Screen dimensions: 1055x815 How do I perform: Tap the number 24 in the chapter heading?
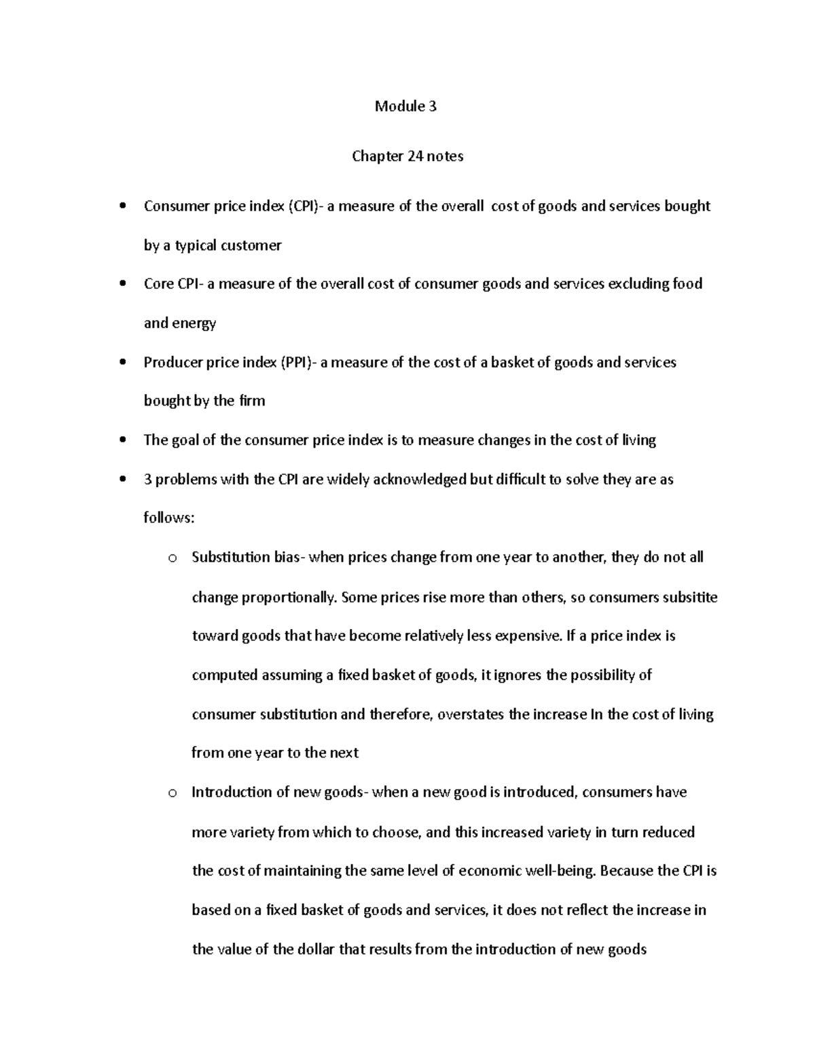pyautogui.click(x=415, y=156)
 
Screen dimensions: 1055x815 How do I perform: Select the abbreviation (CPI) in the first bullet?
pyautogui.click(x=304, y=206)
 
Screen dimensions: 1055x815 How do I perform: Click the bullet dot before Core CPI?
pyautogui.click(x=122, y=284)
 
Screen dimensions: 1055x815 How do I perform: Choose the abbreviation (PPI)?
pyautogui.click(x=297, y=362)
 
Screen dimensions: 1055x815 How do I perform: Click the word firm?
pyautogui.click(x=252, y=401)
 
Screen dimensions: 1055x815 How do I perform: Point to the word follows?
pyautogui.click(x=169, y=518)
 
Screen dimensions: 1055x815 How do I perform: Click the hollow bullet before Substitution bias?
pyautogui.click(x=172, y=558)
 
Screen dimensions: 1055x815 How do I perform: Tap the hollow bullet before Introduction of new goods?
pyautogui.click(x=172, y=793)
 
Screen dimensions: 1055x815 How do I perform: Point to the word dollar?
pyautogui.click(x=316, y=949)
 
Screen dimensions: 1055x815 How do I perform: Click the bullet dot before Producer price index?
pyautogui.click(x=122, y=362)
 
